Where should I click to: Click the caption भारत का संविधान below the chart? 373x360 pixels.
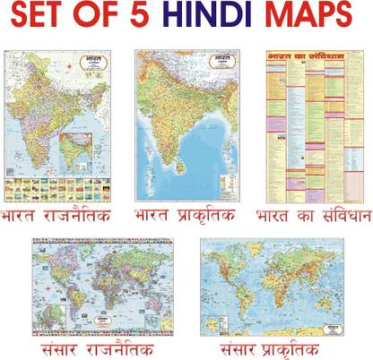point(313,216)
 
